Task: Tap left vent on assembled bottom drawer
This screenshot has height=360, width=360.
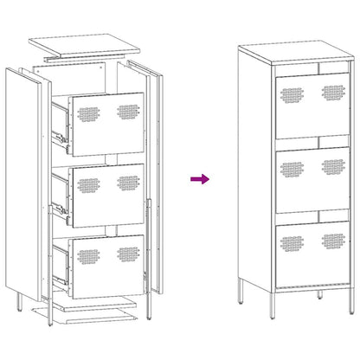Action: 291,239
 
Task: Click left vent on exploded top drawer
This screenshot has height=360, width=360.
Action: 90,112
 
